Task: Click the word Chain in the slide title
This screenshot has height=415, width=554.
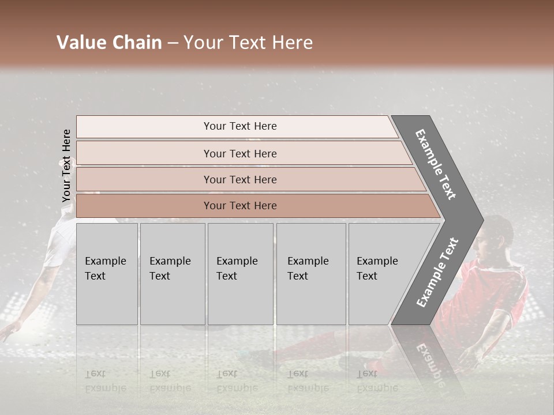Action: click(137, 43)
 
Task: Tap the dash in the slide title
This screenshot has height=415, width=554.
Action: click(173, 43)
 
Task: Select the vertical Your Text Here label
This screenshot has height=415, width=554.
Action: click(66, 165)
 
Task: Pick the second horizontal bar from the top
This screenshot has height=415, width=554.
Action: click(239, 153)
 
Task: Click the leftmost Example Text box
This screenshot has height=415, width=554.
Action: click(107, 274)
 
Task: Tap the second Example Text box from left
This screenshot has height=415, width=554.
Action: click(172, 274)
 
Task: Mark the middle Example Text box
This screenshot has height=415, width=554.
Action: click(239, 274)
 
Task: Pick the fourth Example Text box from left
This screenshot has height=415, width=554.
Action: click(310, 274)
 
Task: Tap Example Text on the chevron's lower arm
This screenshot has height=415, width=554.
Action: click(437, 272)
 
